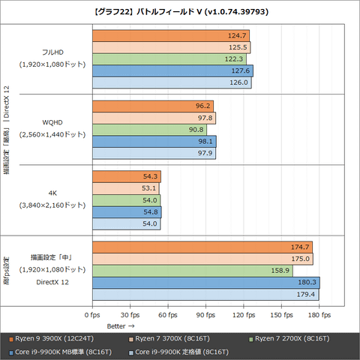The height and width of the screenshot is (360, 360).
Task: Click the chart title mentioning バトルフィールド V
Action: point(180,11)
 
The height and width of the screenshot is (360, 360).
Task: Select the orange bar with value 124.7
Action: point(170,35)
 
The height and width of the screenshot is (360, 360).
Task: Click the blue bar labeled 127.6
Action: point(172,71)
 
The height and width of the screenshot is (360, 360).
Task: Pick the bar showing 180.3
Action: point(205,283)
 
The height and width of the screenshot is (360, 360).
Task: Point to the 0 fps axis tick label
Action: point(92,315)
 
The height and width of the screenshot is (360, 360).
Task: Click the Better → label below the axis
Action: point(121,326)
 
